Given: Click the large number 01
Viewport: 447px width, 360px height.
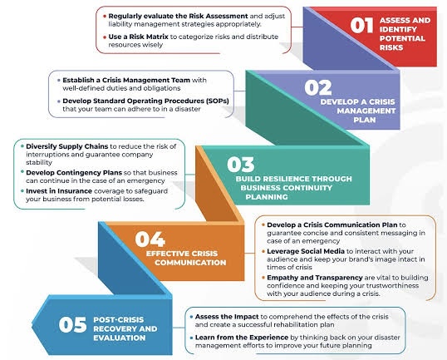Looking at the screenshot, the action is tap(361, 25).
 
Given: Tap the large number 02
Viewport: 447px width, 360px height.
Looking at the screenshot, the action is tap(318, 87).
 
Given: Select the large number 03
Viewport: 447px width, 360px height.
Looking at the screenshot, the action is tap(241, 165).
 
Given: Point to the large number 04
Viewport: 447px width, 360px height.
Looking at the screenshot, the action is tap(150, 239).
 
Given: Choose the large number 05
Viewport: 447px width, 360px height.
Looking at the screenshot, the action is tap(72, 324).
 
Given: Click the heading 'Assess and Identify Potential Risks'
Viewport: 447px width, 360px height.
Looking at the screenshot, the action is tap(405, 33).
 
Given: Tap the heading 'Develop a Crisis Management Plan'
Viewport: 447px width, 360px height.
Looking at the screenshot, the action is tap(358, 111).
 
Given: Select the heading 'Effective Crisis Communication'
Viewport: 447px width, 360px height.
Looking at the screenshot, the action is tap(186, 258).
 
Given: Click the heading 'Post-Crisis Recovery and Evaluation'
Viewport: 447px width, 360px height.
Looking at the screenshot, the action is tap(125, 328).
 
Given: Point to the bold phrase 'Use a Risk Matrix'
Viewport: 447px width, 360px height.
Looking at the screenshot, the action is tap(138, 37).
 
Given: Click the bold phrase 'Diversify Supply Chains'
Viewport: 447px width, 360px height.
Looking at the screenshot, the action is tap(67, 146).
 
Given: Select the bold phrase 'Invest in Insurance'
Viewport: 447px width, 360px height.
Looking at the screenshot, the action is tap(59, 191).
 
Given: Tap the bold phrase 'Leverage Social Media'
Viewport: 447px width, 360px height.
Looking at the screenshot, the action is tap(306, 251).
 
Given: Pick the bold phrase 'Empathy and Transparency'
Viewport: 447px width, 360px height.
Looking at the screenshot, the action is tap(315, 278).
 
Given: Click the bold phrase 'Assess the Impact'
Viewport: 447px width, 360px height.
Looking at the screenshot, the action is tap(227, 317).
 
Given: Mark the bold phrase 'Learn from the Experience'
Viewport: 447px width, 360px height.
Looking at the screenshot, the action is tap(242, 338).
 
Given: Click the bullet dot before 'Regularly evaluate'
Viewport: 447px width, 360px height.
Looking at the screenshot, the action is tap(105, 17).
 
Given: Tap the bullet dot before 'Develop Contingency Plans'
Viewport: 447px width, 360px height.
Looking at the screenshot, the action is tap(22, 172).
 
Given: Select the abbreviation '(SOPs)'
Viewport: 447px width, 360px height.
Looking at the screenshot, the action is tap(217, 101).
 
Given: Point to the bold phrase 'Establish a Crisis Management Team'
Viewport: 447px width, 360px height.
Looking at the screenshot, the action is tap(126, 80).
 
